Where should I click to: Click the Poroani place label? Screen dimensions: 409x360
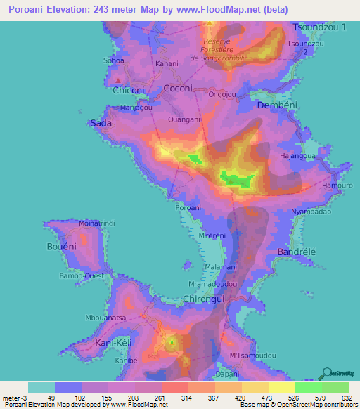188,207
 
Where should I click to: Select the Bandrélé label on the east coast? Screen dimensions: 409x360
300,251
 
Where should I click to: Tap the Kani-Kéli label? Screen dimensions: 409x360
113,342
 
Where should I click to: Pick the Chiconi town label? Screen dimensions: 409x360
128,90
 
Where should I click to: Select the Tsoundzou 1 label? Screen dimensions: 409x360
321,27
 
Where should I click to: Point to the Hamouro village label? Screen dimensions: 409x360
335,185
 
